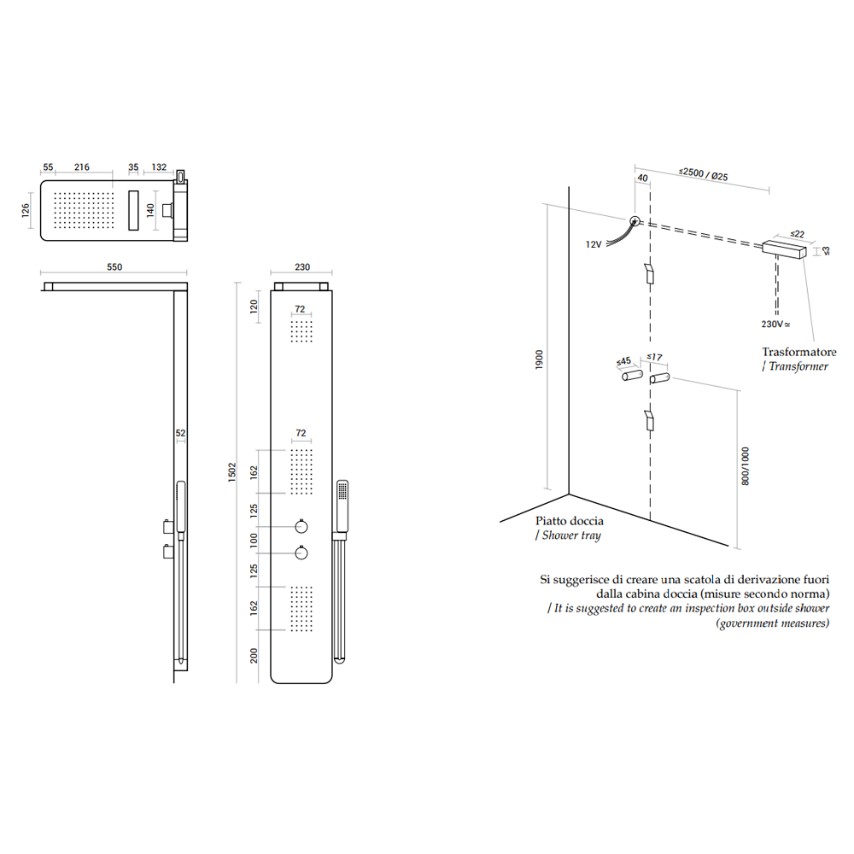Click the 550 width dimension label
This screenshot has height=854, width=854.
114,266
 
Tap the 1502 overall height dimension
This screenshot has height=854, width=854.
232,472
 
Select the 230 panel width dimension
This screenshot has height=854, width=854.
302,266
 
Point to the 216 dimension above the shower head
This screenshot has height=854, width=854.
82,167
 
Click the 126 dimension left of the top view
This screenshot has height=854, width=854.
26,210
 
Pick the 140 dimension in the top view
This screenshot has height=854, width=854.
150,210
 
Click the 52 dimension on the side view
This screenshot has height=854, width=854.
181,434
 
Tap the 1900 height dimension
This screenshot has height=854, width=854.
539,360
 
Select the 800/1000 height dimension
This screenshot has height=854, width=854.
746,466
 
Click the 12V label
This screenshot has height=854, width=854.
594,244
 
